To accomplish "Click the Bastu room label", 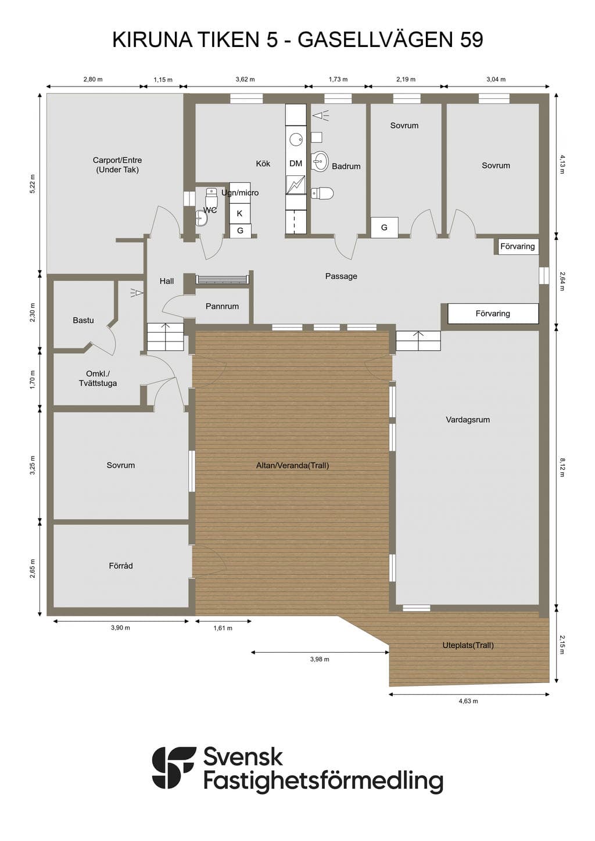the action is pyautogui.click(x=83, y=320).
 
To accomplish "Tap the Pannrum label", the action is pyautogui.click(x=222, y=306).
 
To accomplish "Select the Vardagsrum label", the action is pyautogui.click(x=468, y=419).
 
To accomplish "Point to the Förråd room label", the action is pyautogui.click(x=121, y=566).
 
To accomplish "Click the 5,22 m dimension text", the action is pyautogui.click(x=33, y=184).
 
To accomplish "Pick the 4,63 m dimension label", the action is pyautogui.click(x=468, y=700).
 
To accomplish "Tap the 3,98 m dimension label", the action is pyautogui.click(x=320, y=659).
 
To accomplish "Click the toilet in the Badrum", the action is pyautogui.click(x=322, y=193).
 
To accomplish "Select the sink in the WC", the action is pyautogui.click(x=202, y=218).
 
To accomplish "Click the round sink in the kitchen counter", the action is pyautogui.click(x=296, y=139).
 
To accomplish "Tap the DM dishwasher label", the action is pyautogui.click(x=296, y=163).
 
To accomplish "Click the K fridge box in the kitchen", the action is pyautogui.click(x=239, y=213).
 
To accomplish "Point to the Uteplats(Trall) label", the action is pyautogui.click(x=468, y=645).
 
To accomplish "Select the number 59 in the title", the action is pyautogui.click(x=471, y=40).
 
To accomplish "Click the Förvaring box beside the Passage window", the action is pyautogui.click(x=518, y=246).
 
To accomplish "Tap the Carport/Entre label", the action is pyautogui.click(x=117, y=160).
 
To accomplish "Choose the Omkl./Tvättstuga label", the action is pyautogui.click(x=98, y=379).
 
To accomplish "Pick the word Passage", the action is pyautogui.click(x=341, y=276).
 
